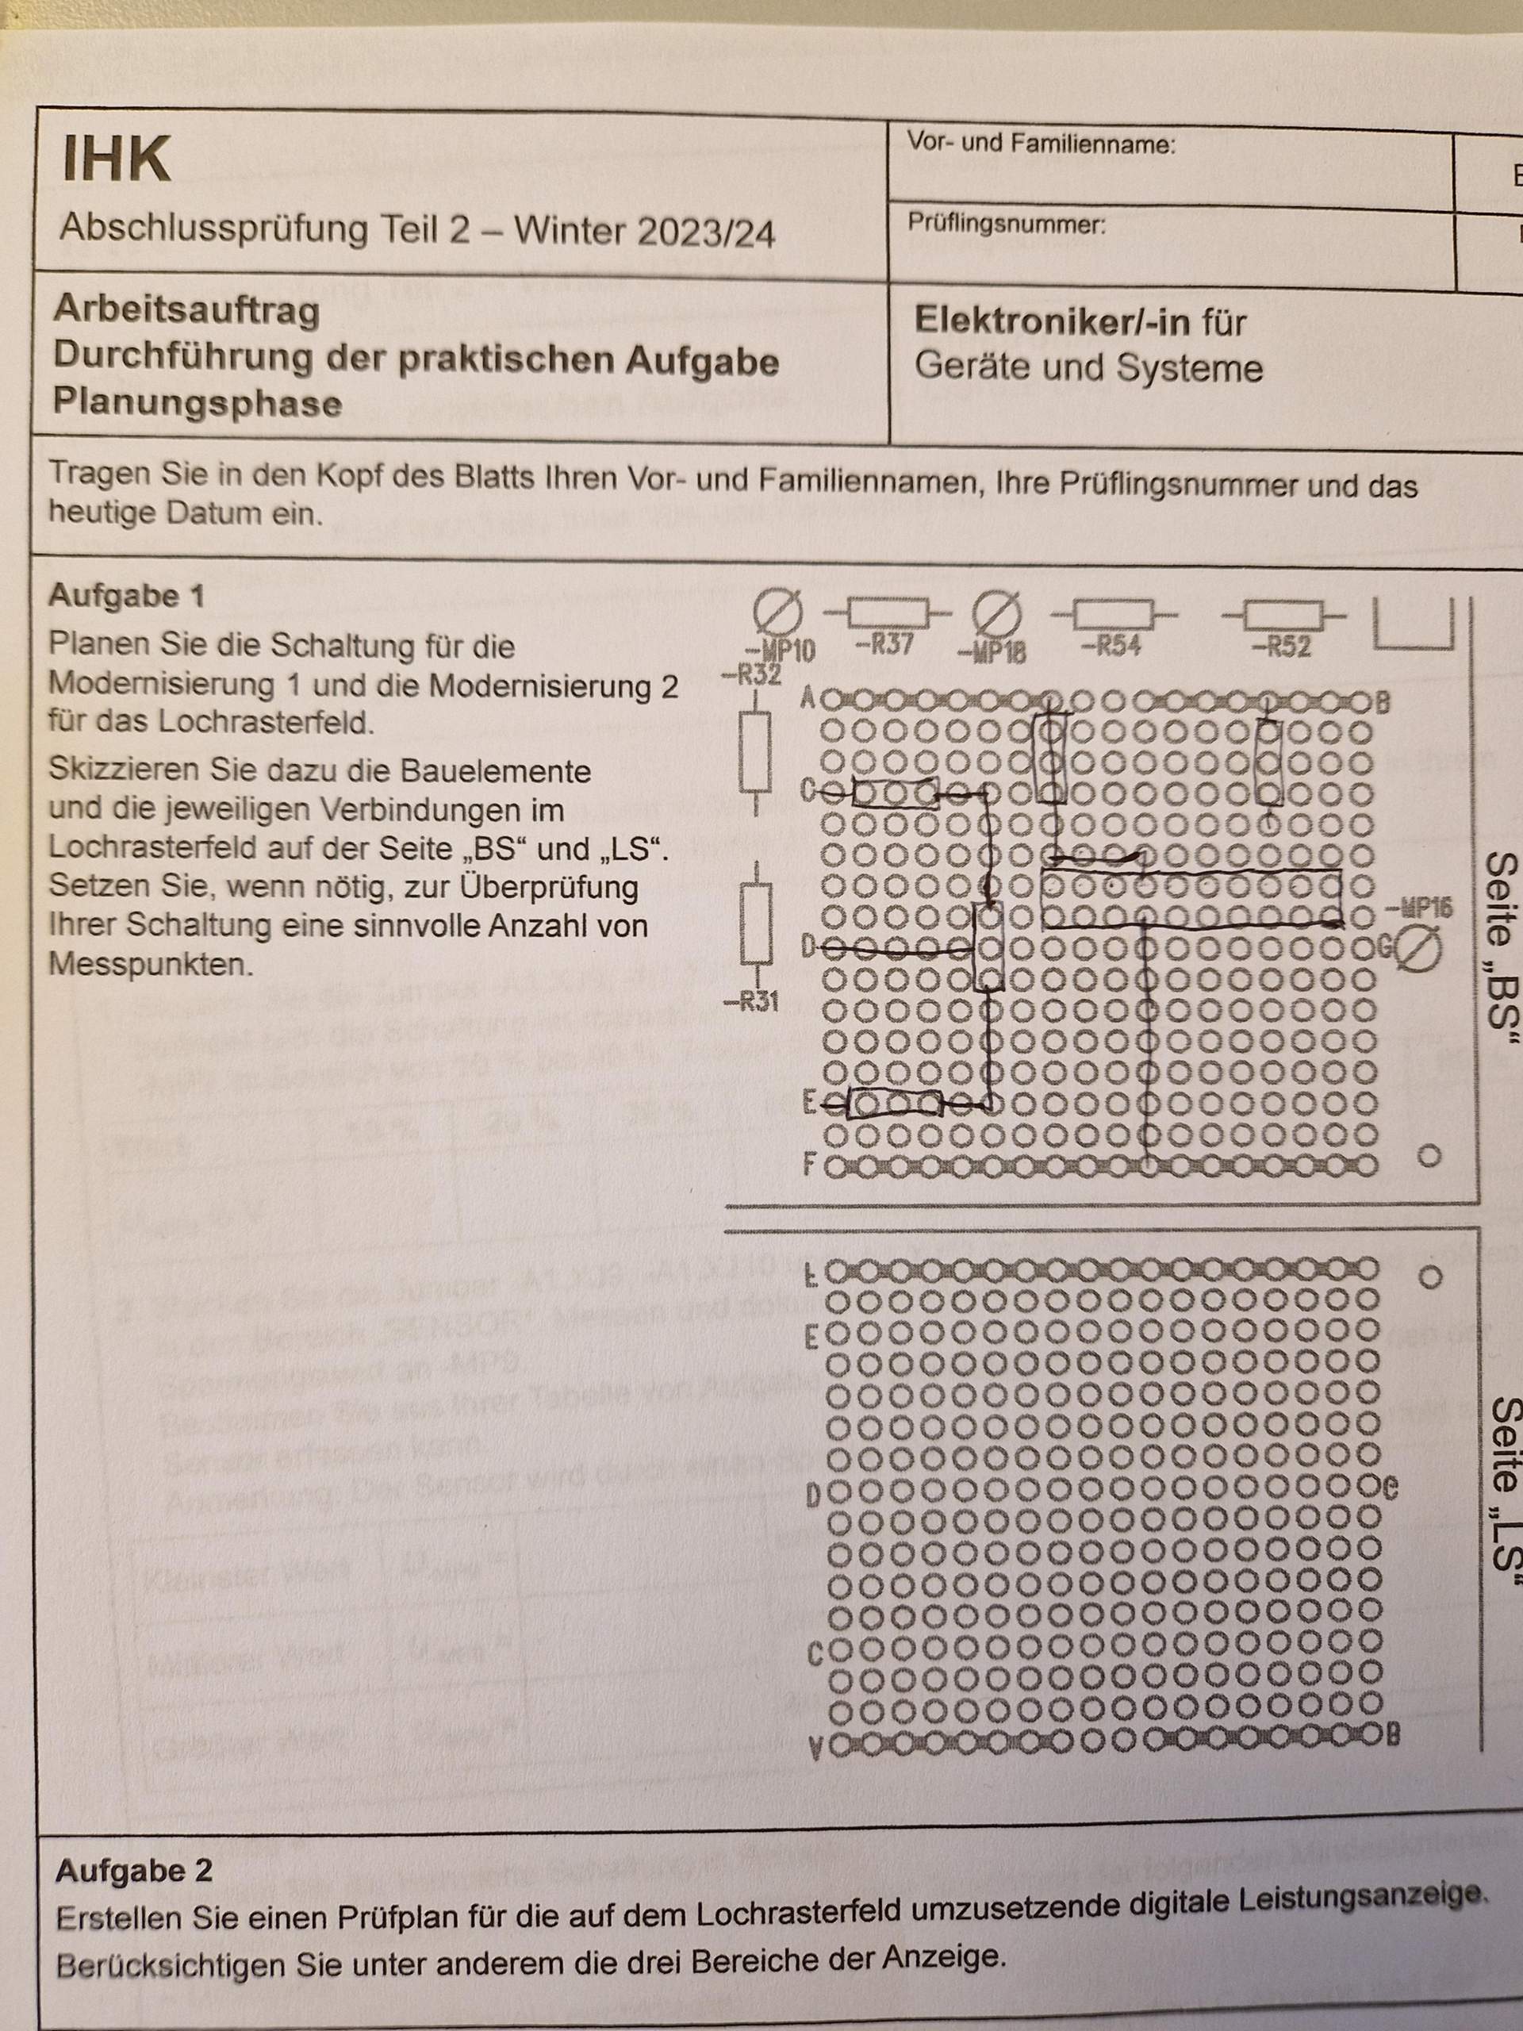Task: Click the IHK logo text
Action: tap(117, 159)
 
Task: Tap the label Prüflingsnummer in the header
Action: tap(1006, 223)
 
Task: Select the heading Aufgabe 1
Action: tap(126, 596)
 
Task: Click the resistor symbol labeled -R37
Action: tap(888, 612)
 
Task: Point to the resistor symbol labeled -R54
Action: tap(1113, 613)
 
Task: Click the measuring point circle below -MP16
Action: tap(1418, 950)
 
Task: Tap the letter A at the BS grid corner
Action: tap(808, 701)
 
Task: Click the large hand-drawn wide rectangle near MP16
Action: tap(1191, 899)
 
